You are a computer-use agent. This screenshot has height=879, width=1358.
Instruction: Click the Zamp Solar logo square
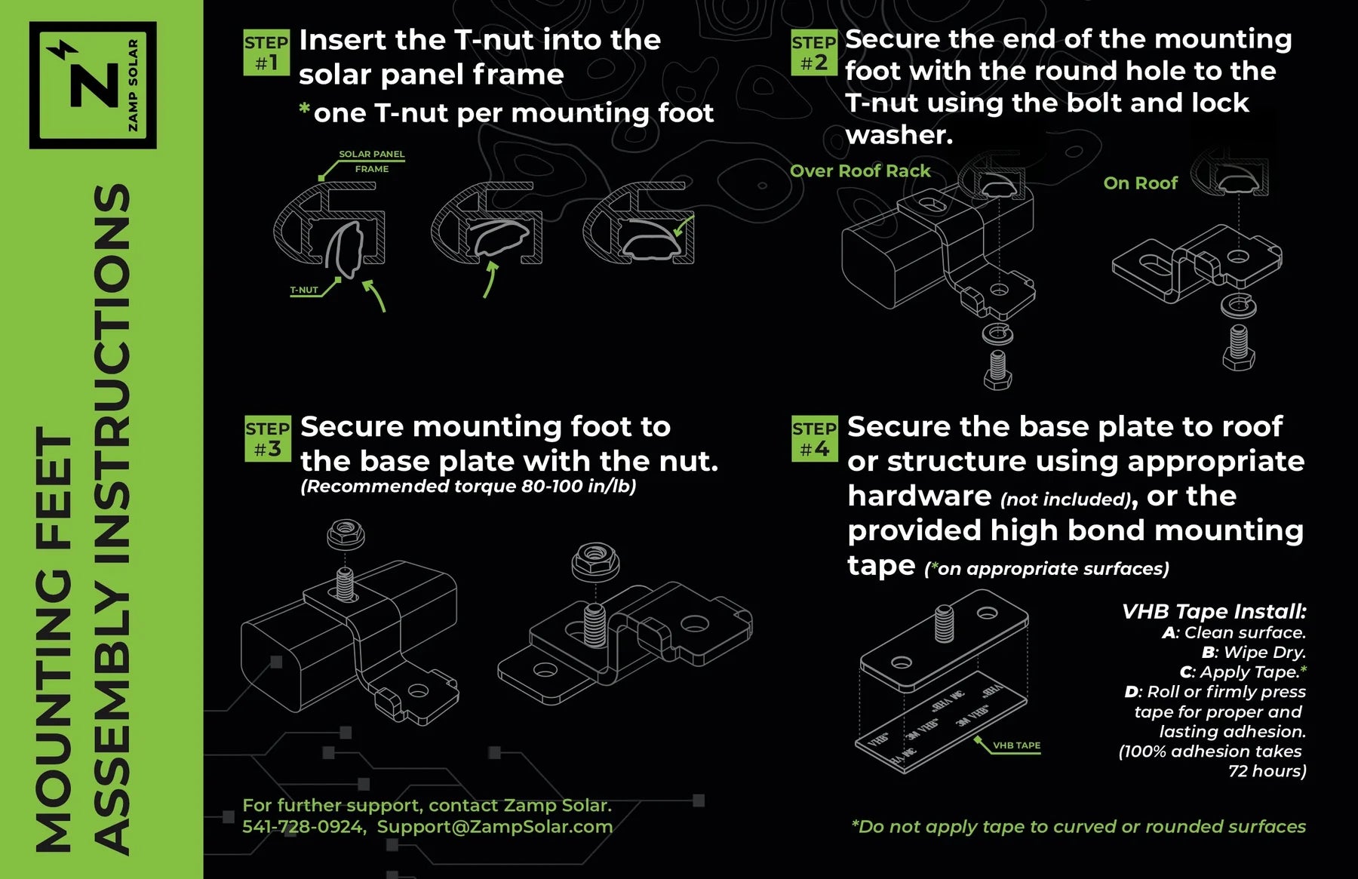coord(93,85)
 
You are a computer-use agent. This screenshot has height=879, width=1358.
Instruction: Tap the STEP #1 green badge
coord(266,53)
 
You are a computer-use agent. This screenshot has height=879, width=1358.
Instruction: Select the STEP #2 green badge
coord(813,53)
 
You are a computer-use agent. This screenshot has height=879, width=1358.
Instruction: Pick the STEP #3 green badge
coord(267,438)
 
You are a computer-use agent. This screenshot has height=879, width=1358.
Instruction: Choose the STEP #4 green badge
coord(814,438)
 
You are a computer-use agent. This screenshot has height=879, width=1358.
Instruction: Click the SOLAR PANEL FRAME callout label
coord(371,161)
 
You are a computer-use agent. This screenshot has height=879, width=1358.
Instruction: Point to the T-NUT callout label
coord(304,290)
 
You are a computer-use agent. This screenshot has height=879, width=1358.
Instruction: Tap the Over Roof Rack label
coord(860,171)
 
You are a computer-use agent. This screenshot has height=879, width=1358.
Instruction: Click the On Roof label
coord(1140,183)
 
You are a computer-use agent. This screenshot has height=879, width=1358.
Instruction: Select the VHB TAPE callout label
coord(1016,745)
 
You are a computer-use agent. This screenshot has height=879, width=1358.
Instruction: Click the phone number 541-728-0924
coord(303,827)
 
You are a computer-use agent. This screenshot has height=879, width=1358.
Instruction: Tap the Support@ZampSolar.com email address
coord(495,827)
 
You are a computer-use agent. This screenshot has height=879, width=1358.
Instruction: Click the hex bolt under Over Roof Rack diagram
coord(997,370)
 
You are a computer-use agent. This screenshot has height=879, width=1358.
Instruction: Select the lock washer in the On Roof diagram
coord(1237,306)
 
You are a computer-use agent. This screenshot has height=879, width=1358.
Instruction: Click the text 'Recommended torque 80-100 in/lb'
coord(468,487)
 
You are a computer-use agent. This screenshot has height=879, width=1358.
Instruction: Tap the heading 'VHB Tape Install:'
coord(1213,611)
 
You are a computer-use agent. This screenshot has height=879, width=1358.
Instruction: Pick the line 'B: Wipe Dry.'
coord(1253,652)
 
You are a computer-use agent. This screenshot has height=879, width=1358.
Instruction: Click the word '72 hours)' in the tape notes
coord(1267,771)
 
